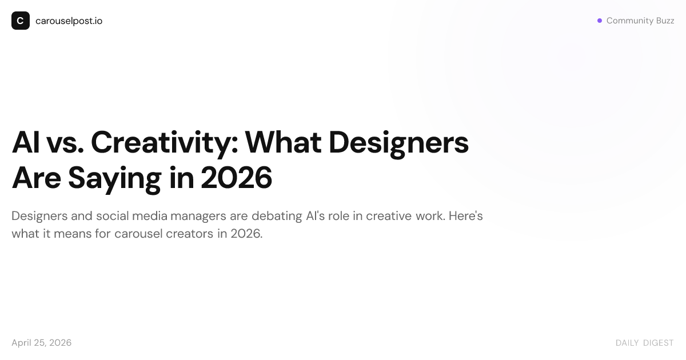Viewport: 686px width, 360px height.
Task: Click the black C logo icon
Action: pos(21,21)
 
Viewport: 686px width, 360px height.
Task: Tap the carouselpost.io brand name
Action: pos(69,21)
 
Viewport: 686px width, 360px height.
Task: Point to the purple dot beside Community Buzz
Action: pos(600,21)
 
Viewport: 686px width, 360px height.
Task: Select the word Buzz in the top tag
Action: pos(665,21)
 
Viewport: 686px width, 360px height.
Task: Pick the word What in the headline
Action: pos(284,142)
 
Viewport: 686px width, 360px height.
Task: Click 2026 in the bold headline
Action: pos(237,178)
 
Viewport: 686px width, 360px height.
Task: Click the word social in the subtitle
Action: pos(113,216)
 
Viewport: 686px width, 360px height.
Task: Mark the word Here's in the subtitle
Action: pos(465,216)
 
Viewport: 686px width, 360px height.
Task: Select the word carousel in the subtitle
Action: pos(138,234)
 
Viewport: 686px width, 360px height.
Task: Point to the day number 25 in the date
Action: pos(39,343)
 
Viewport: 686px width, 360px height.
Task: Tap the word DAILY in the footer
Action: pos(627,343)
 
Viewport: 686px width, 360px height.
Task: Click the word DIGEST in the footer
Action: pos(658,343)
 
